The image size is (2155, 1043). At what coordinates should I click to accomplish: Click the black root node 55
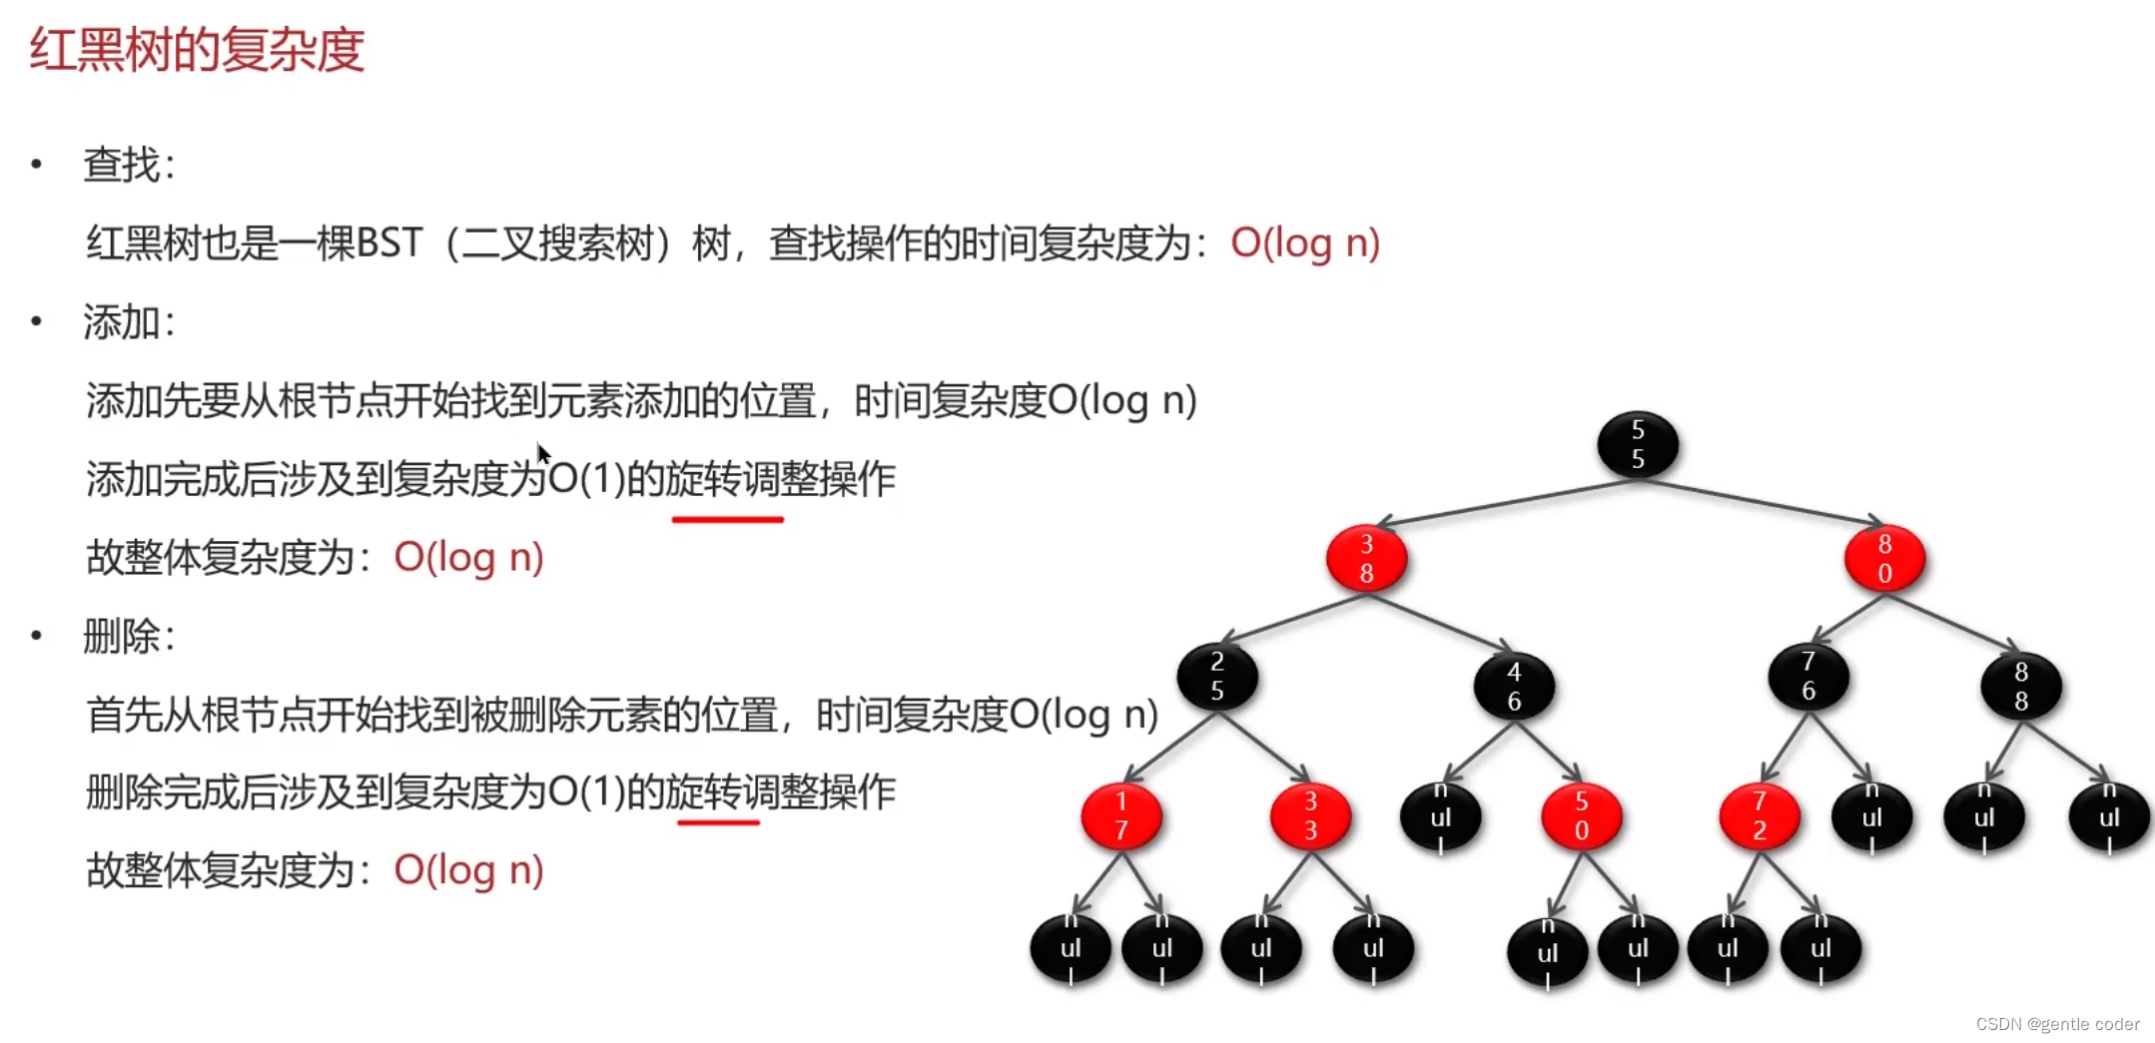pyautogui.click(x=1637, y=444)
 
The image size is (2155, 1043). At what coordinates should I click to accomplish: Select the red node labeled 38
pyautogui.click(x=1366, y=559)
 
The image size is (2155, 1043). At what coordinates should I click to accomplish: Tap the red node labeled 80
pyautogui.click(x=1883, y=559)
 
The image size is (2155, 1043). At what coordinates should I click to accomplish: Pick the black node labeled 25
pyautogui.click(x=1216, y=677)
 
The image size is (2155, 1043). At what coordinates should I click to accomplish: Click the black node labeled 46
pyautogui.click(x=1513, y=687)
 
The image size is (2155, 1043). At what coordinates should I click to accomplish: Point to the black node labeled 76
pyautogui.click(x=1807, y=677)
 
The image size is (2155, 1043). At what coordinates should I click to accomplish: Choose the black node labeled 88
pyautogui.click(x=2020, y=687)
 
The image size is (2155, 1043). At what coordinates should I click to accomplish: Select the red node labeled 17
pyautogui.click(x=1120, y=816)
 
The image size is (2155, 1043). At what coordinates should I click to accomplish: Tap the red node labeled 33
pyautogui.click(x=1310, y=816)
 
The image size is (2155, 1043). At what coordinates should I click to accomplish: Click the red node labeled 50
pyautogui.click(x=1581, y=816)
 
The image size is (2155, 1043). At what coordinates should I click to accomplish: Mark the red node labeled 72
pyautogui.click(x=1759, y=816)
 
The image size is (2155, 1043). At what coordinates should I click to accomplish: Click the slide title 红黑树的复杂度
pyautogui.click(x=197, y=50)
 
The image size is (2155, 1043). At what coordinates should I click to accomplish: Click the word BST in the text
pyautogui.click(x=389, y=243)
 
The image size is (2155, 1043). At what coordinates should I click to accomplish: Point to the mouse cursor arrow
pyautogui.click(x=542, y=454)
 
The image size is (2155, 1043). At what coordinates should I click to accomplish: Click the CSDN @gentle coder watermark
pyautogui.click(x=2057, y=1024)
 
